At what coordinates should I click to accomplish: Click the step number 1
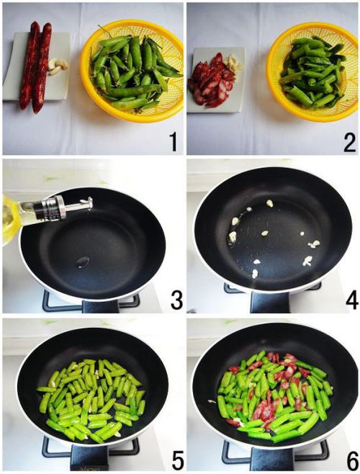point(174,142)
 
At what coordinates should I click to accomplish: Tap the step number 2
point(349,142)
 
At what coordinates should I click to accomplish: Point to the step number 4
point(352,300)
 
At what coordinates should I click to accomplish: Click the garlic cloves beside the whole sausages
point(58,66)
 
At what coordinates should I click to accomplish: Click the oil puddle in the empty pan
point(83,261)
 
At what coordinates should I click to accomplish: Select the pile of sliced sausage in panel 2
point(210,81)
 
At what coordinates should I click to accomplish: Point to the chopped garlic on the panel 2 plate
point(234,62)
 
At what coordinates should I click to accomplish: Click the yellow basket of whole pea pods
point(132,71)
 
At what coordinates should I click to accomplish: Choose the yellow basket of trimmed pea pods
point(313,71)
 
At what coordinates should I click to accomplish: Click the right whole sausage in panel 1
point(42,67)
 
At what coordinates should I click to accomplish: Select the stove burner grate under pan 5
point(91,452)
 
